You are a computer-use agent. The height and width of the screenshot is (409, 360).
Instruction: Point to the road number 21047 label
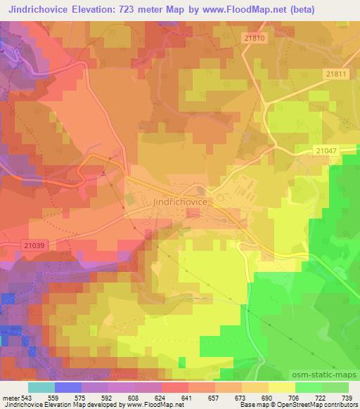tap(326, 150)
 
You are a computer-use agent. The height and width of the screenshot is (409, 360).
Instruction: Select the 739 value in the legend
tap(345, 397)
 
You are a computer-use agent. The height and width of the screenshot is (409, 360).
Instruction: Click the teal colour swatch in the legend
tap(41, 387)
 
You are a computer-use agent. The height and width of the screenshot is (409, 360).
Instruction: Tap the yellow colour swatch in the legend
tap(281, 387)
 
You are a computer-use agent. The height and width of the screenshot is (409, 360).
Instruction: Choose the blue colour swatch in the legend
tap(68, 387)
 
